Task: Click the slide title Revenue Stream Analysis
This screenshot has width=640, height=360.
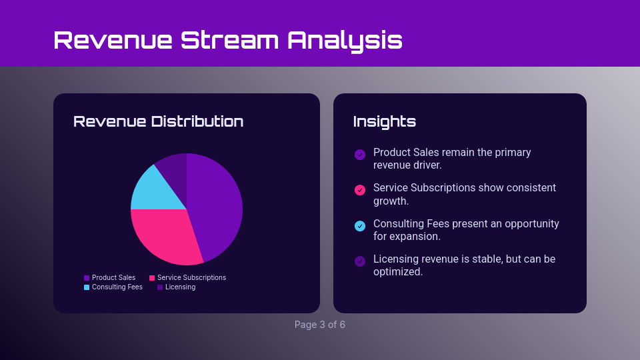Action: pos(227,40)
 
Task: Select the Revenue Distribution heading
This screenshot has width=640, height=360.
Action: pos(158,121)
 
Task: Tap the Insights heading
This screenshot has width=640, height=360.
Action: pos(384,121)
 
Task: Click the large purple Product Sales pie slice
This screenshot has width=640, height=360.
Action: pos(217,203)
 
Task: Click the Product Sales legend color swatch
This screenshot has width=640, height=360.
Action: pos(87,278)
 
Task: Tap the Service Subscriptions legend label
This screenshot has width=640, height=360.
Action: pos(191,277)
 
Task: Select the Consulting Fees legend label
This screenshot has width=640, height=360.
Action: pos(117,287)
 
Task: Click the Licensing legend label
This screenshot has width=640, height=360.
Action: pos(180,287)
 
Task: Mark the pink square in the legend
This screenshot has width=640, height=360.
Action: pos(152,278)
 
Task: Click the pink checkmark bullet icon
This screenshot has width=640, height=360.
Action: pos(360,190)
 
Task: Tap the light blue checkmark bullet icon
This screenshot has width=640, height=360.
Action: pos(360,226)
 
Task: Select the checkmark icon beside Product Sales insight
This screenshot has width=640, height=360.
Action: pos(360,155)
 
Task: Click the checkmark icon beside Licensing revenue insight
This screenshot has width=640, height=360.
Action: pos(360,261)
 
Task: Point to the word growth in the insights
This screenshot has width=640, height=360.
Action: pos(391,201)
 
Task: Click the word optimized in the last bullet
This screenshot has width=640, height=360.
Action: pos(397,272)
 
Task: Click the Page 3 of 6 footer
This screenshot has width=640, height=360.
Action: pos(320,325)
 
